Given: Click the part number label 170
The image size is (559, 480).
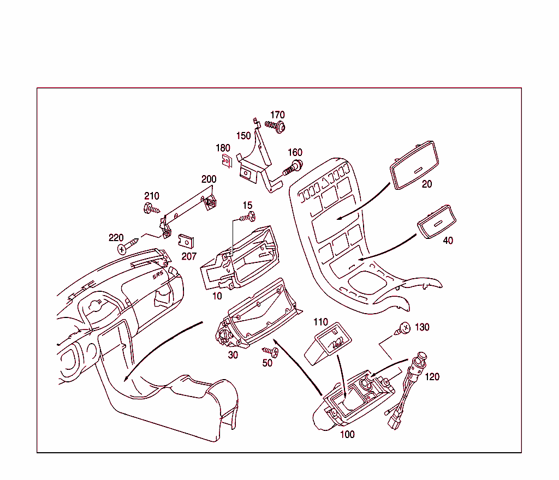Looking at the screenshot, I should [277, 115].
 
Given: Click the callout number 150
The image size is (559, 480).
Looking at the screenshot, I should [243, 136].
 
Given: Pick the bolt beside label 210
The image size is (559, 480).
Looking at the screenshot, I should [151, 208].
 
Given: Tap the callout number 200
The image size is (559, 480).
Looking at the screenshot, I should [209, 179].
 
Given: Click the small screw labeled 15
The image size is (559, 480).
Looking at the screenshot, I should [247, 218].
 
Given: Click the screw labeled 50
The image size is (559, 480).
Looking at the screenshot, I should [270, 352].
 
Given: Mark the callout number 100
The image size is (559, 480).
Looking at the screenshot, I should [347, 435].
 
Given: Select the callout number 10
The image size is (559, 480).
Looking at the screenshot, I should [217, 296].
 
